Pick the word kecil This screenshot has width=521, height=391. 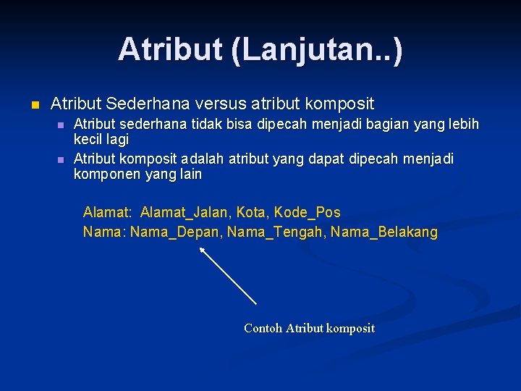[x=88, y=140]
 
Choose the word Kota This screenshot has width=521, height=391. [x=251, y=212]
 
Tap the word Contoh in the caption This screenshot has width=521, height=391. [x=263, y=329]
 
